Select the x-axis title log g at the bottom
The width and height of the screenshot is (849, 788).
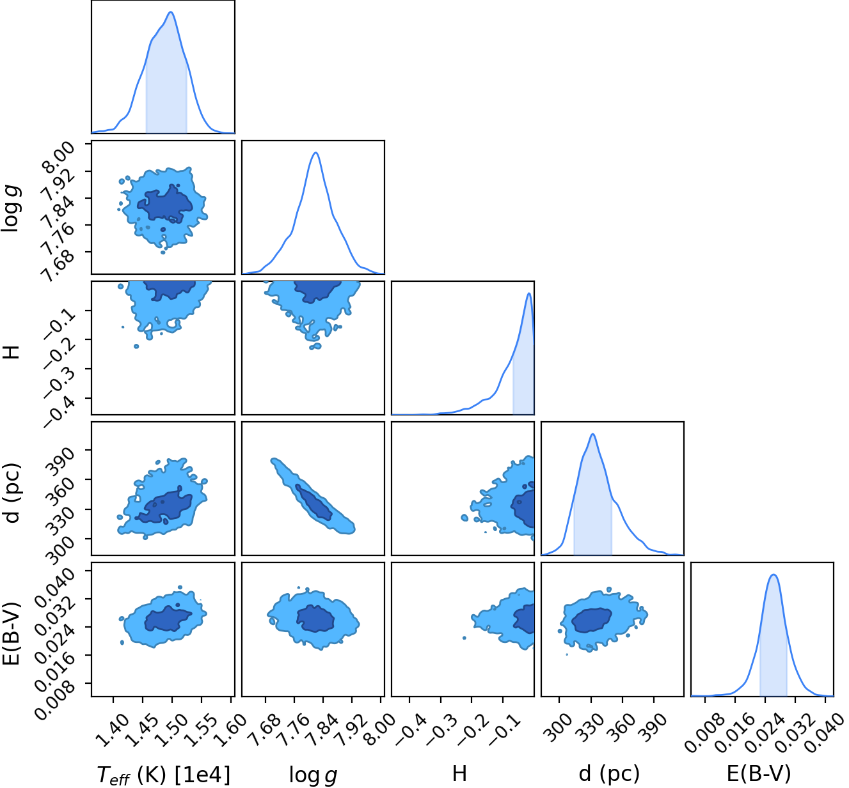pos(313,775)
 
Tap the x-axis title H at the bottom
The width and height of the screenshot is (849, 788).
pos(459,773)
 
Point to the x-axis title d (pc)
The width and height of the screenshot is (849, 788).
pos(609,773)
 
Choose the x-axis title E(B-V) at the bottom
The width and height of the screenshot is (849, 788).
pos(759,773)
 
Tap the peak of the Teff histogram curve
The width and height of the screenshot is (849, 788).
pos(171,12)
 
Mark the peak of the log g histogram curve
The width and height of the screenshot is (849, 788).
pos(315,153)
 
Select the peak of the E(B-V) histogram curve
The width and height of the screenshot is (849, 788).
pos(774,575)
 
